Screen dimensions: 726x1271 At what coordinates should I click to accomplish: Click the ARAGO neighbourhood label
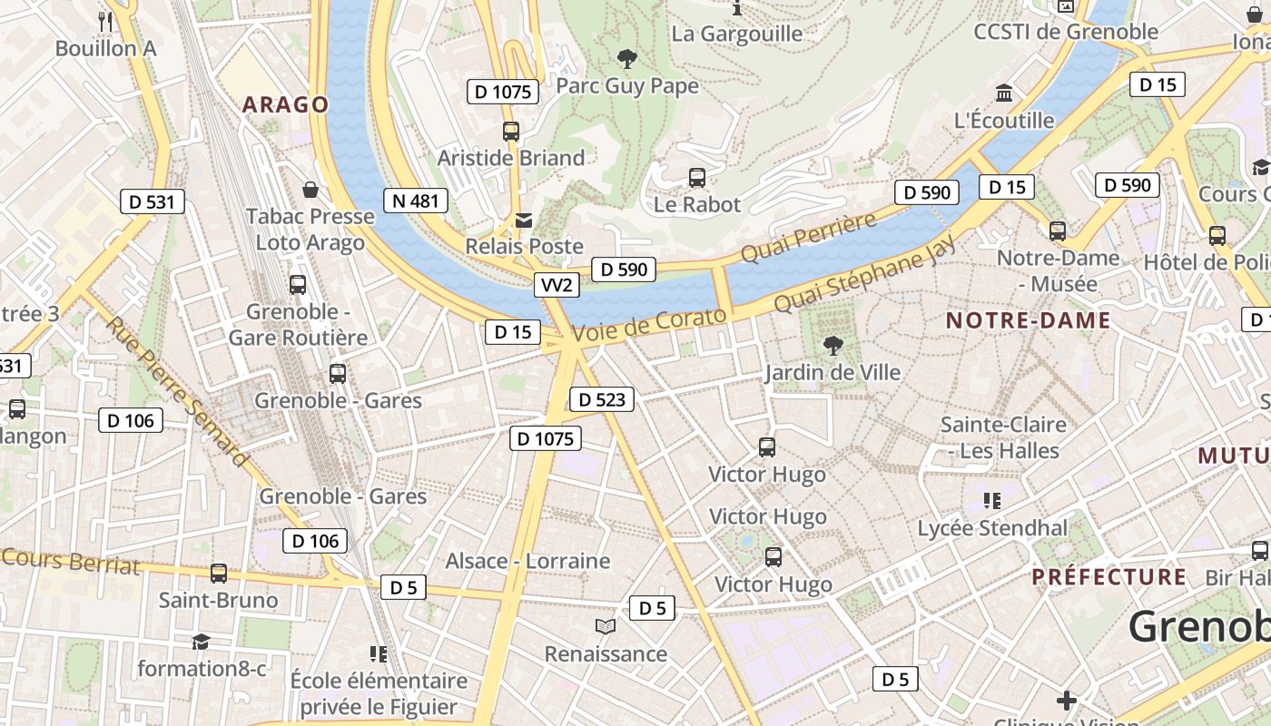pos(285,104)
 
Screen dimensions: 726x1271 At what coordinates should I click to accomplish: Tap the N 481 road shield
pos(416,201)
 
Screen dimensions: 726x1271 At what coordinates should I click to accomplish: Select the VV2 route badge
pos(557,285)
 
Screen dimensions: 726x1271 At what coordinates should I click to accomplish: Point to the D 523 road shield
pos(601,399)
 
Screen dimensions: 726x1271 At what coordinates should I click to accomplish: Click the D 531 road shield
pos(152,201)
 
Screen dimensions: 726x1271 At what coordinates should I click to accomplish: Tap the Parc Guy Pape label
pos(627,86)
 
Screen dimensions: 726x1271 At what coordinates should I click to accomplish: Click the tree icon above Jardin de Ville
pos(832,345)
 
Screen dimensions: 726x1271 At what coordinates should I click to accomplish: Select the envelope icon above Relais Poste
pos(524,220)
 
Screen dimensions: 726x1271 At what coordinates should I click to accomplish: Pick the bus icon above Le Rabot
pos(697,177)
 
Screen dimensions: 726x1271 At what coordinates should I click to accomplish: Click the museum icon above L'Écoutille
pos(1004,93)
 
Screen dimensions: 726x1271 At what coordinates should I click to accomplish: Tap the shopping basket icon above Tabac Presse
pos(310,189)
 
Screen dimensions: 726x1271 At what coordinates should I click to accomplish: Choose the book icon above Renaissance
pos(606,626)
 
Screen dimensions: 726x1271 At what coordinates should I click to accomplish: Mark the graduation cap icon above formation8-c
pos(201,642)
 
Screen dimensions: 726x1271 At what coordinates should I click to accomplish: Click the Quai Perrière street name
pos(808,237)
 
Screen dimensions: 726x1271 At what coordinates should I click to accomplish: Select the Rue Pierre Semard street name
pos(176,391)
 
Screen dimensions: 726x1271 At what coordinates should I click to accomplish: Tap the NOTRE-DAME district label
pos(1028,320)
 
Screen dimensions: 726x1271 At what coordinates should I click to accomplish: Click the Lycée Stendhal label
pos(992,528)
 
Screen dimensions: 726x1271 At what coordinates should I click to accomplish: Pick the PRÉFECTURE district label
pos(1108,577)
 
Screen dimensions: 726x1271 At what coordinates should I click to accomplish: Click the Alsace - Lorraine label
pos(527,561)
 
